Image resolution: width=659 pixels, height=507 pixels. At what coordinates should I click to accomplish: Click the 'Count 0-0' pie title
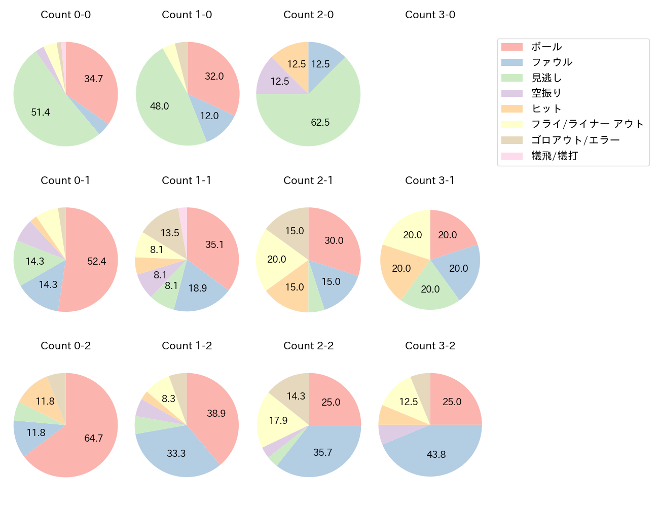tap(66, 15)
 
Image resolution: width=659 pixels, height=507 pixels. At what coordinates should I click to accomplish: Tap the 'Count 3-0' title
tap(430, 15)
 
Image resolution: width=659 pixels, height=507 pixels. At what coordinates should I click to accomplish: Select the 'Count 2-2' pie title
tap(308, 346)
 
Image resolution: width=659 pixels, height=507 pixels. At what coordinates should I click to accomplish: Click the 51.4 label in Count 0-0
tap(41, 112)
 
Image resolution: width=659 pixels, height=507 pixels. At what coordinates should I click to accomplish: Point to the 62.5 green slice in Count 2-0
tap(320, 122)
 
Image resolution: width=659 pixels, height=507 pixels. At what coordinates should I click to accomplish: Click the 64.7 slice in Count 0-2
tap(94, 438)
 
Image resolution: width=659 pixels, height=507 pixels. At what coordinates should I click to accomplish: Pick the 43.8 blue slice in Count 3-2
tap(436, 454)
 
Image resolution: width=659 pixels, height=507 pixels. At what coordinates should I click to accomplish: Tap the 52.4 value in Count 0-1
tap(96, 261)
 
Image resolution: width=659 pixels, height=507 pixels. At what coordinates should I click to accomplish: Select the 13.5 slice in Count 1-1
tap(170, 233)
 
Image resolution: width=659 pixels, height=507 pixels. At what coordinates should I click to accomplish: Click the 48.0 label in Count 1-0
tap(159, 106)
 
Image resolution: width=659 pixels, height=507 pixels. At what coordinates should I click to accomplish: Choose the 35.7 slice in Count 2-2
tap(322, 452)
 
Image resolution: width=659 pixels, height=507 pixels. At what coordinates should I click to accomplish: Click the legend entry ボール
tap(546, 47)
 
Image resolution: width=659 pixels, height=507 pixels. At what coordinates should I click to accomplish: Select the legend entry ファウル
tap(552, 62)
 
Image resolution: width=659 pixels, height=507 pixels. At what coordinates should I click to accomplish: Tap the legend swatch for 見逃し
tap(512, 78)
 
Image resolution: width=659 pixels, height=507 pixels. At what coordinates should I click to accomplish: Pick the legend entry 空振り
tap(546, 93)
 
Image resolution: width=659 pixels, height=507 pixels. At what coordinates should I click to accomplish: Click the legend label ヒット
tap(546, 108)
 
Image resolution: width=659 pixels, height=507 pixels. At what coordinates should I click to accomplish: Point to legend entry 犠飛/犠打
tap(555, 156)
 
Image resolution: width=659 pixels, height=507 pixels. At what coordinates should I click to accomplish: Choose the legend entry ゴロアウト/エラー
tap(575, 140)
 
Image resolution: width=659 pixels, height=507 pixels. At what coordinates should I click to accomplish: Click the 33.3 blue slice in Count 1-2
tap(176, 453)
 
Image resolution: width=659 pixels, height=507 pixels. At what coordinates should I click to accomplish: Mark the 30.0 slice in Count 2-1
tap(334, 240)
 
